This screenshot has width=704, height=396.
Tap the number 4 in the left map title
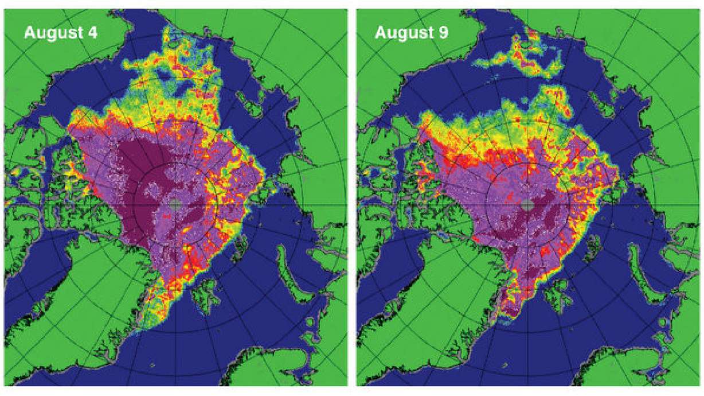tap(91, 33)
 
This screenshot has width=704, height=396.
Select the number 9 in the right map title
tap(443, 33)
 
